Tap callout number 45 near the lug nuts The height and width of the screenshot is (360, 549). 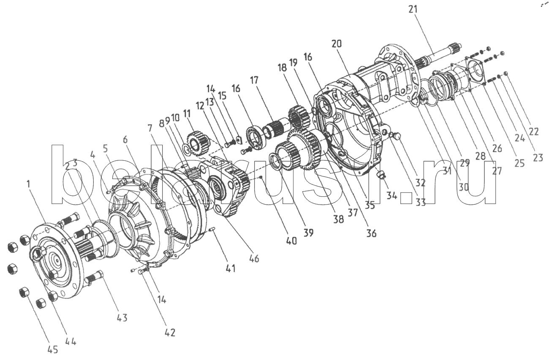(x=52, y=350)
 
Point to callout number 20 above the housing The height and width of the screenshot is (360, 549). (x=337, y=44)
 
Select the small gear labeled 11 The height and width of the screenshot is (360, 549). (x=197, y=142)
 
